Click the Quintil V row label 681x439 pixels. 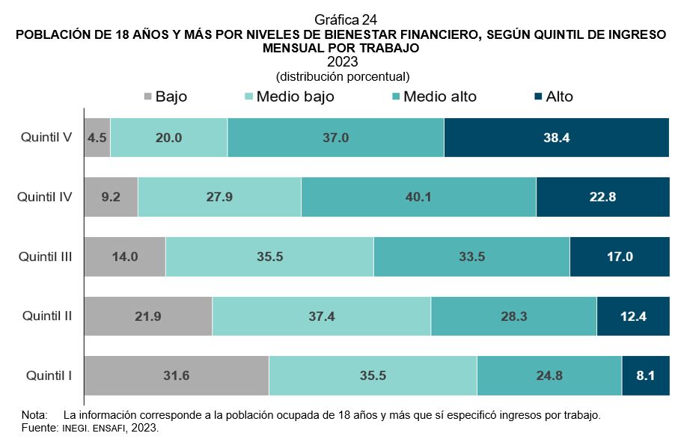[x=46, y=138]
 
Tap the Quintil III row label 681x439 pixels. [x=46, y=257]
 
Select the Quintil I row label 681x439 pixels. [x=49, y=375]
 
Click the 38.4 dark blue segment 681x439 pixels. [x=556, y=138]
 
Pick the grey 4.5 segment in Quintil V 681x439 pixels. [x=97, y=138]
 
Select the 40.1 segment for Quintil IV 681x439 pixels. [x=418, y=197]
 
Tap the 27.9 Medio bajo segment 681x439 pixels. [x=219, y=197]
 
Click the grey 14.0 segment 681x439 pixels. [x=124, y=257]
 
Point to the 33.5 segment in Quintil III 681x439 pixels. [x=471, y=257]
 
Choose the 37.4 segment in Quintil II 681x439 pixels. [x=321, y=316]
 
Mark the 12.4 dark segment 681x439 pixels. [x=632, y=316]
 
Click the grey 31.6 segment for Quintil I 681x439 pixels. [x=176, y=375]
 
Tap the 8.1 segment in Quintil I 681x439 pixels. [x=645, y=375]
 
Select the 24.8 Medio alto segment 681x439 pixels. [x=549, y=375]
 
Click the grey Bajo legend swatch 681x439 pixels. [x=147, y=97]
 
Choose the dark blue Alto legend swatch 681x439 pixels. [x=538, y=97]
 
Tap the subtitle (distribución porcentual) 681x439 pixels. [x=343, y=76]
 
